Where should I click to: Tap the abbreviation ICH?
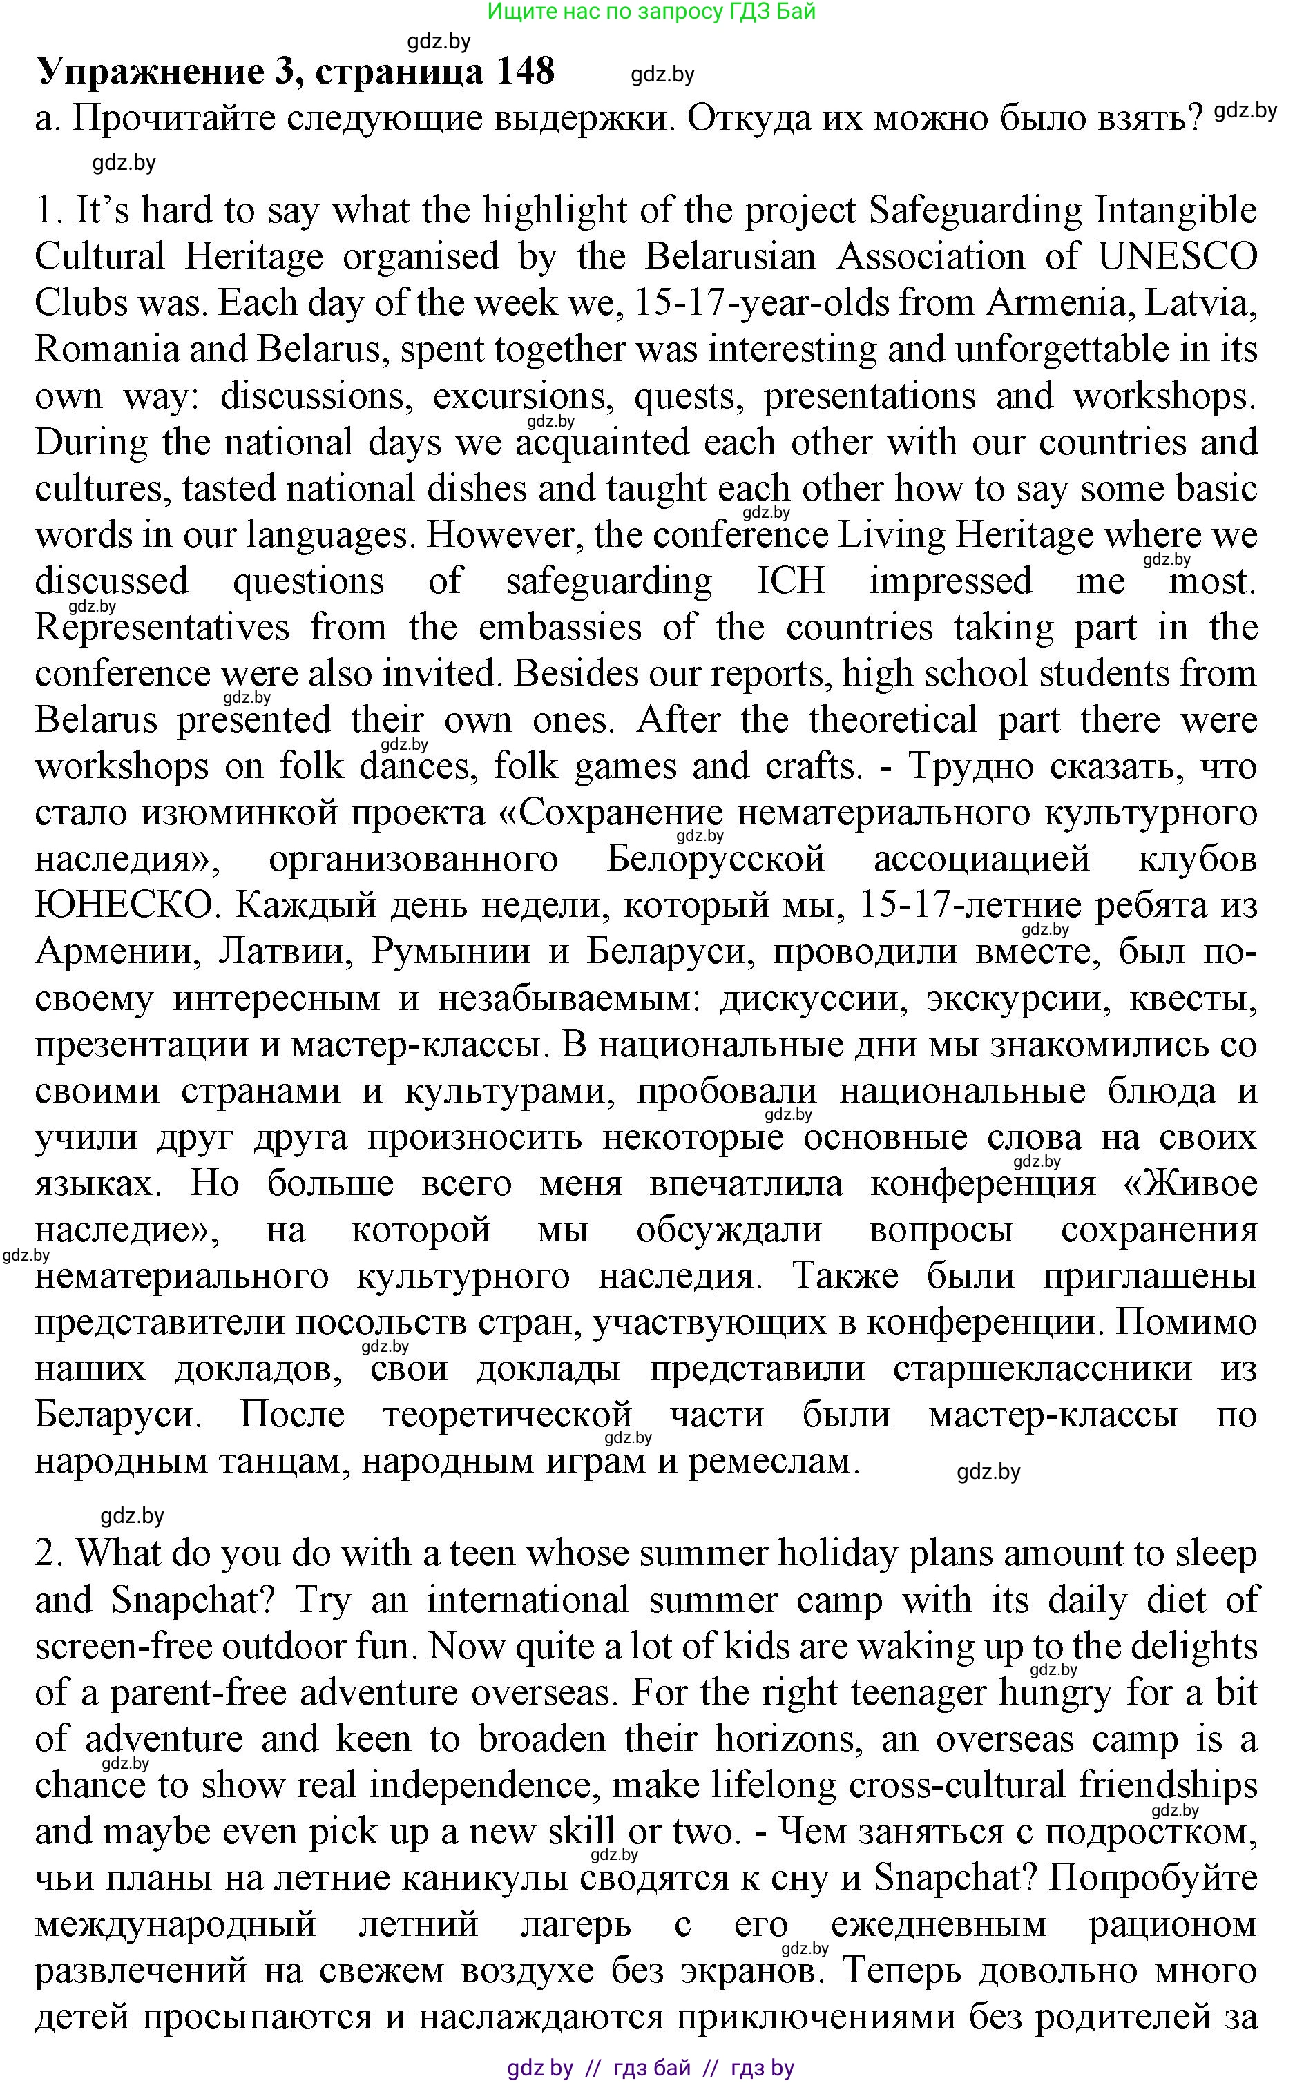pos(791,581)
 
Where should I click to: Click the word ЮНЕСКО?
pos(124,905)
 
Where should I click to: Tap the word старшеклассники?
pos(1043,1368)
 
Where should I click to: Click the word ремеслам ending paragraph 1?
pos(774,1462)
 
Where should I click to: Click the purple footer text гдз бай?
pos(652,2068)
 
